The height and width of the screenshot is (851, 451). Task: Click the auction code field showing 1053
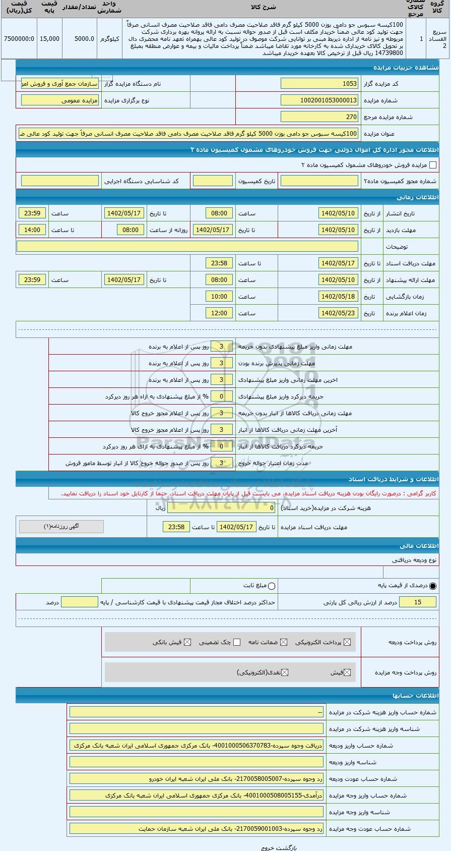[319, 84]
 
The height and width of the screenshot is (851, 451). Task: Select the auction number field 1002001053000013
[319, 100]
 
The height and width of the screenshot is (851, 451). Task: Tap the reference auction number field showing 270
[319, 117]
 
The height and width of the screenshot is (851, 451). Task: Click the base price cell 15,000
[49, 39]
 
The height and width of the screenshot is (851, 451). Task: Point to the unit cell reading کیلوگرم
[109, 39]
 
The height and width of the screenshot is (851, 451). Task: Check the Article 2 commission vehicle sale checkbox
[432, 165]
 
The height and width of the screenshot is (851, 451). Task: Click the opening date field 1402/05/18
[338, 297]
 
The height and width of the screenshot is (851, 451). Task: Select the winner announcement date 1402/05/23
[338, 313]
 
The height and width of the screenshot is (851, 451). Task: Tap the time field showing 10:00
[219, 297]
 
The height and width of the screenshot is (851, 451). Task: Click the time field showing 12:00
[219, 313]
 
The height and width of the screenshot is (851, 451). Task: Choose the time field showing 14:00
[32, 230]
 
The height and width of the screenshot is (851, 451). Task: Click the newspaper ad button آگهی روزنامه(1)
[61, 527]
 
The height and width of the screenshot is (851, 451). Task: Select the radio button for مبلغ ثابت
[272, 586]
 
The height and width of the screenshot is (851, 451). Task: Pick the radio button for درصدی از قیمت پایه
[433, 586]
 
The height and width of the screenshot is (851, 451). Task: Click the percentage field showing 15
[418, 602]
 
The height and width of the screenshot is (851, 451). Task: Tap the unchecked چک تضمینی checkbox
[237, 642]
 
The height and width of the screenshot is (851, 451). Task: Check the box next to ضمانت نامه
[284, 642]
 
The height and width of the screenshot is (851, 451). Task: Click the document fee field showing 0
[222, 508]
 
